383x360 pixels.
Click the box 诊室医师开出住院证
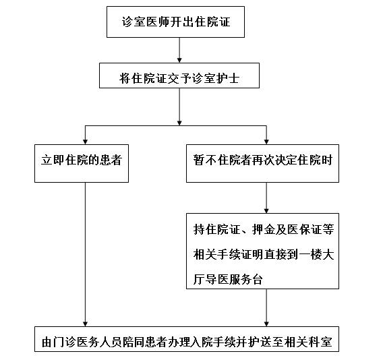[175, 22]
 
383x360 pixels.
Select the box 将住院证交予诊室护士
[179, 76]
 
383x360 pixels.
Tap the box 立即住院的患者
[82, 163]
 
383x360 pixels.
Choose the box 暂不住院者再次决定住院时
[262, 163]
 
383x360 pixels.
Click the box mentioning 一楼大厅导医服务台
[262, 251]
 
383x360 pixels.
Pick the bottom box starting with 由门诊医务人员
[187, 339]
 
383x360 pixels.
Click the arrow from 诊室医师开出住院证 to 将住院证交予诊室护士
[179, 50]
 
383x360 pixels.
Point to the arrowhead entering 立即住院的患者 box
[85, 142]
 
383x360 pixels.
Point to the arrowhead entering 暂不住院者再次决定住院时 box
[266, 142]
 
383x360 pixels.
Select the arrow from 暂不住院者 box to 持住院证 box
[266, 198]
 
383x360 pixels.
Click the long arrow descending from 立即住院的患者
[85, 254]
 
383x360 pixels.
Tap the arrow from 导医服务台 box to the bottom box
[266, 307]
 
